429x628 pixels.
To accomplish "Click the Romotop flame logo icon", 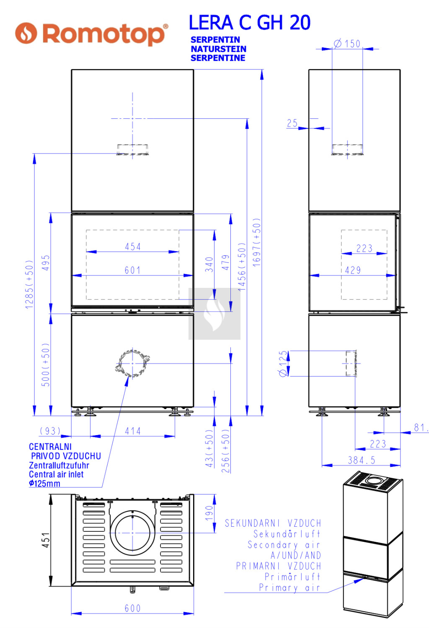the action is pyautogui.click(x=26, y=33).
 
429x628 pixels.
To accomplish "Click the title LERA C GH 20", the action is pyautogui.click(x=250, y=23).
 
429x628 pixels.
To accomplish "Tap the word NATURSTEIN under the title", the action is pyautogui.click(x=218, y=49).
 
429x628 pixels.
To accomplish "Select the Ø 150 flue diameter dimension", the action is pyautogui.click(x=347, y=44).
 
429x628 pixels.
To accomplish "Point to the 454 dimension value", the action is pyautogui.click(x=133, y=247).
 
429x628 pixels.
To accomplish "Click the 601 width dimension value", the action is pyautogui.click(x=132, y=270).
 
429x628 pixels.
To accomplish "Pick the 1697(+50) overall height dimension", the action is pyautogui.click(x=257, y=243).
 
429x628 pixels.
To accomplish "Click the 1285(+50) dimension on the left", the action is pyautogui.click(x=29, y=285).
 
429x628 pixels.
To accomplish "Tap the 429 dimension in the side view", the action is pyautogui.click(x=353, y=270).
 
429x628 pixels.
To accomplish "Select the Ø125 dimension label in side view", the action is pyautogui.click(x=283, y=363).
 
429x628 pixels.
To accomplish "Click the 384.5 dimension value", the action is pyautogui.click(x=362, y=460).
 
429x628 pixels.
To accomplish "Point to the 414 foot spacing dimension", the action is pyautogui.click(x=133, y=431).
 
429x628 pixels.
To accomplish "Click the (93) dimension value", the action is pyautogui.click(x=50, y=431).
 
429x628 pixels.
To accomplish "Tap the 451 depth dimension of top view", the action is pyautogui.click(x=46, y=540).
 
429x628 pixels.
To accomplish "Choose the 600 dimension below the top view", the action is pyautogui.click(x=132, y=608).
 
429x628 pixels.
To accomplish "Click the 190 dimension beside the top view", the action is pyautogui.click(x=209, y=513).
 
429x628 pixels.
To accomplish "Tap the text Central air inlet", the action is pyautogui.click(x=56, y=474).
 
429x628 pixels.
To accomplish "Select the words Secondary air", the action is pyautogui.click(x=284, y=545).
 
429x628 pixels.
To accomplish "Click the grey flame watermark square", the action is pyautogui.click(x=214, y=314).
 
